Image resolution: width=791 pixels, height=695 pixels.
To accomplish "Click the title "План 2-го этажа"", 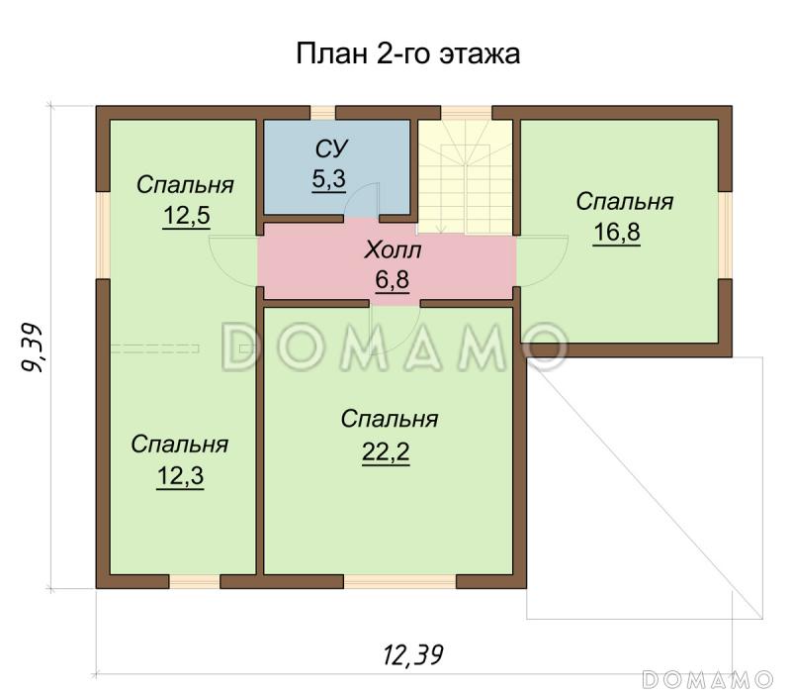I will tap(407, 53).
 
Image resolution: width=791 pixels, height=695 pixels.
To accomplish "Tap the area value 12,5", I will tap(185, 216).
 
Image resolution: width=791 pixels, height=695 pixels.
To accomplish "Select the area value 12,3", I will tap(179, 476).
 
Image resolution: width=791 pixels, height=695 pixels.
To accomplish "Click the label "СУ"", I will tap(331, 149).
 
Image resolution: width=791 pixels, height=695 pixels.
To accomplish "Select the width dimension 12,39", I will tap(412, 653).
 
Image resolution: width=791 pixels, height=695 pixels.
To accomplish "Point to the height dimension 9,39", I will tap(32, 348).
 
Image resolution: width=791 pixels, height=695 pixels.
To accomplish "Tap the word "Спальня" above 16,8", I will tap(624, 202).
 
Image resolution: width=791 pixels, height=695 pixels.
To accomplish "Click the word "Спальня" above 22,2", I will tap(389, 420).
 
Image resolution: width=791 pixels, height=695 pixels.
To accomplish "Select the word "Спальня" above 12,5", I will tap(185, 185).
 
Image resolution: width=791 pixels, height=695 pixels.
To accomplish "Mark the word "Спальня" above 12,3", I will tap(179, 446).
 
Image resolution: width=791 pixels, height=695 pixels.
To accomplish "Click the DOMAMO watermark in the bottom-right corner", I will tap(707, 679).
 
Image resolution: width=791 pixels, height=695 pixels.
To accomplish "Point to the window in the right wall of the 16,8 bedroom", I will tap(726, 235).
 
